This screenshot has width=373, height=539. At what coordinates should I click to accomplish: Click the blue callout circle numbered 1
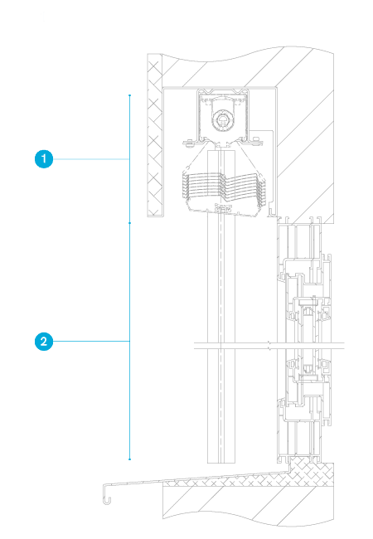coord(44,159)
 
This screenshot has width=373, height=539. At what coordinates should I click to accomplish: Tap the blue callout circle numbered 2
coord(44,342)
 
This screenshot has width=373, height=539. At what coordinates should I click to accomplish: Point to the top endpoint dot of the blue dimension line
coord(129,95)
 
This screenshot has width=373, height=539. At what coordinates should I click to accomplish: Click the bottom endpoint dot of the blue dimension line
coord(129,459)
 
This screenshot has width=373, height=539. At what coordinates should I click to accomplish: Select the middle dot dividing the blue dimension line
coord(129,223)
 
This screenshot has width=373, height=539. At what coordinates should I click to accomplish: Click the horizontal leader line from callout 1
coord(91,159)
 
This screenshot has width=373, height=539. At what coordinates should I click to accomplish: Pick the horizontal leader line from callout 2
coord(91,342)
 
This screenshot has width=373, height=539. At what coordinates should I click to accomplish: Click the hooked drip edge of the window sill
coord(107,495)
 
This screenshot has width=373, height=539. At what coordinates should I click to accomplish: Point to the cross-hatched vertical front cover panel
coord(155,135)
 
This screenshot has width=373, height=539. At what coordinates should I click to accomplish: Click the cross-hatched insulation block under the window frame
coord(311,472)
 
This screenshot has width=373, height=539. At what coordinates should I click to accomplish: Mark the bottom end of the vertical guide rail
coord(221,463)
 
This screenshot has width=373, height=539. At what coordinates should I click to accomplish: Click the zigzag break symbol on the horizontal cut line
coord(270,346)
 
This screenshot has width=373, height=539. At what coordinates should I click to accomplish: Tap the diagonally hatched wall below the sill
coord(248,506)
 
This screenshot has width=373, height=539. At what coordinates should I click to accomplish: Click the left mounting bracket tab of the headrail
coord(189,143)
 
